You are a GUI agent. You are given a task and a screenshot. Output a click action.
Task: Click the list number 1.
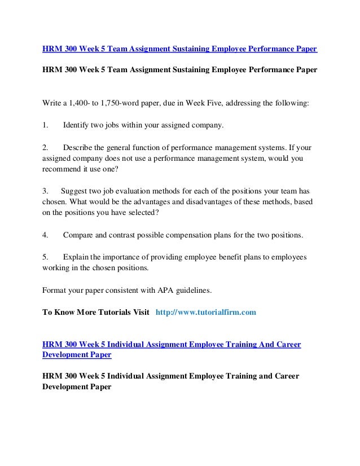(x=45, y=124)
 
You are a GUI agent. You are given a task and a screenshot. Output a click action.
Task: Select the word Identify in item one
(x=78, y=124)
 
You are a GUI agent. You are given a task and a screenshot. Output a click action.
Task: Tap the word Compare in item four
(x=80, y=234)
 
